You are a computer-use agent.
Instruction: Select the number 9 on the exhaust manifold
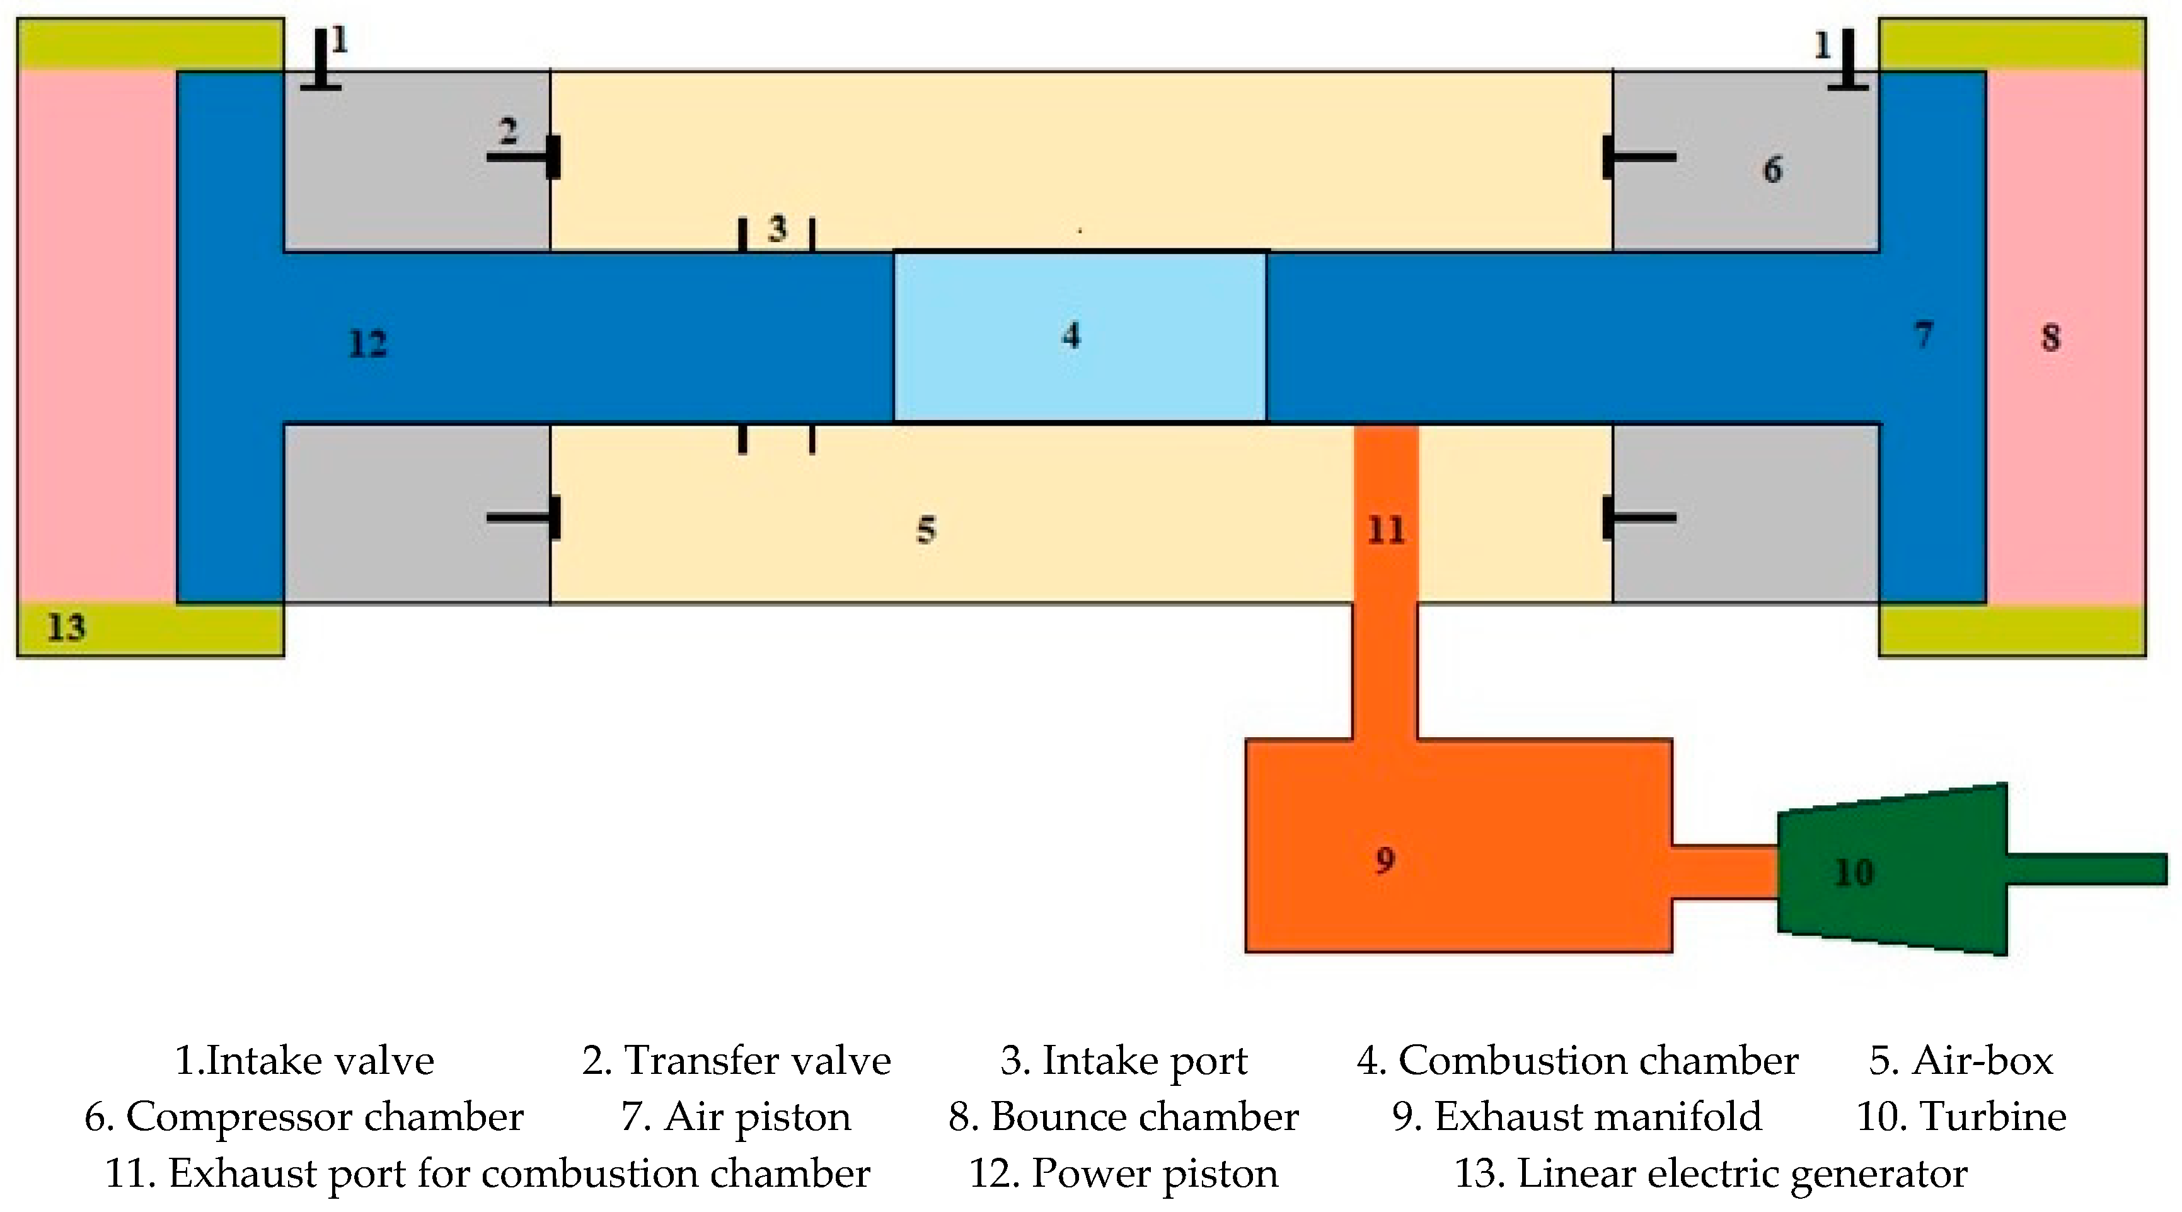point(1385,860)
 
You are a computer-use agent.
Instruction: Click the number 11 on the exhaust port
point(1386,530)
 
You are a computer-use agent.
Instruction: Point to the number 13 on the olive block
point(66,628)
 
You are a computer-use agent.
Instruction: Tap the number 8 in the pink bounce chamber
point(2050,337)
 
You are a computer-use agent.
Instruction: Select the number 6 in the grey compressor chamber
point(1772,170)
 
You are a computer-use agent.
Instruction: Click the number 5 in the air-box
point(926,530)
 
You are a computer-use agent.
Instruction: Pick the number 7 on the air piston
point(1924,335)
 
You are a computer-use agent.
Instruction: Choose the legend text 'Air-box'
point(1982,1060)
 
